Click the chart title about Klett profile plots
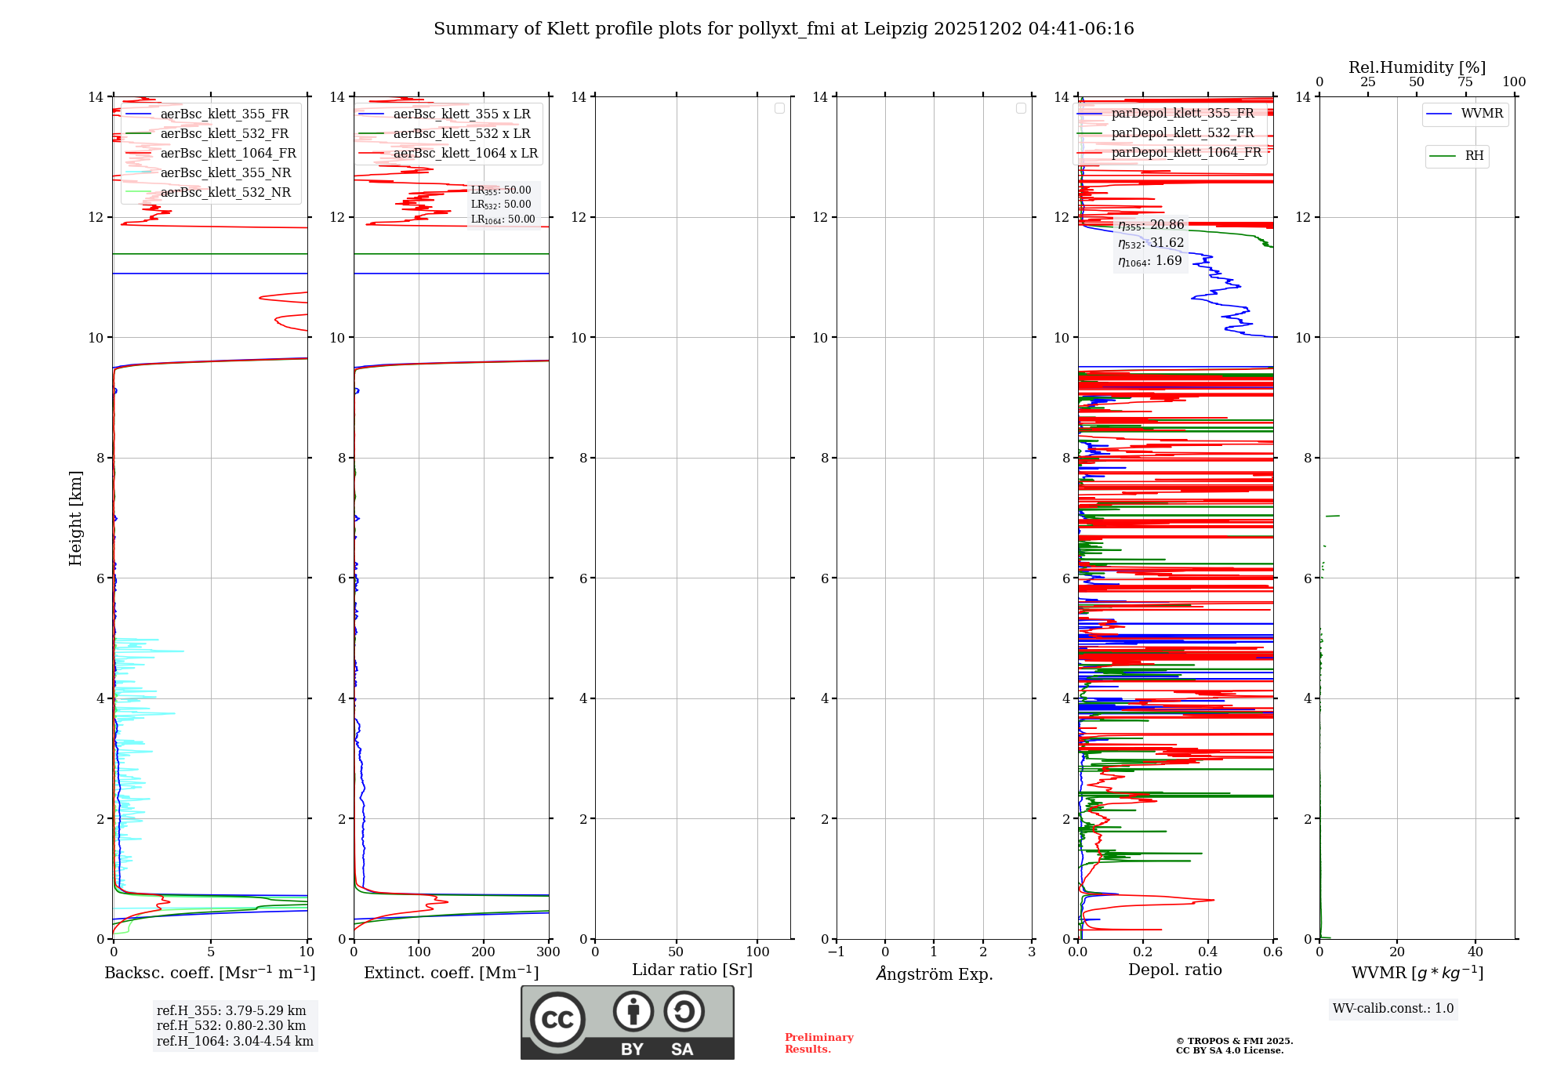click(x=783, y=29)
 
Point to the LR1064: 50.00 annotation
click(x=503, y=219)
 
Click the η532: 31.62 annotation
click(x=1151, y=243)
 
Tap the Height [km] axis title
click(x=75, y=518)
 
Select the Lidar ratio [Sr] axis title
click(x=692, y=970)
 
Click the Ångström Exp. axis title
click(x=934, y=974)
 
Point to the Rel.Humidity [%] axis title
click(x=1417, y=67)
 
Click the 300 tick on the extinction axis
click(x=548, y=952)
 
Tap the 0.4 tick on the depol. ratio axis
click(x=1208, y=952)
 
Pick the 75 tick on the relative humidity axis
click(x=1465, y=82)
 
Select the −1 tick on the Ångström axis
click(x=836, y=952)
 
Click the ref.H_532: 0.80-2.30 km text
click(x=231, y=1026)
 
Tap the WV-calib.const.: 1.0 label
click(x=1393, y=1009)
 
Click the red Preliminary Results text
click(x=818, y=1043)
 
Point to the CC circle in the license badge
click(x=557, y=1020)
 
